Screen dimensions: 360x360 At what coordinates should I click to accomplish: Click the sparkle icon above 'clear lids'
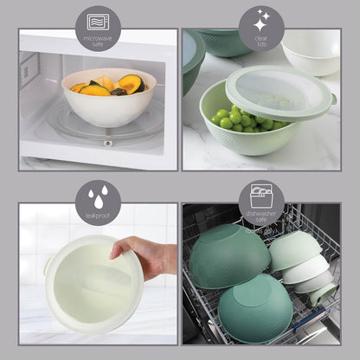tap(261, 22)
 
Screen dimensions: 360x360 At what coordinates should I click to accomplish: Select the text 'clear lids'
tap(261, 41)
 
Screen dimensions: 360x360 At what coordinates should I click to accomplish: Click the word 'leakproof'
tap(98, 214)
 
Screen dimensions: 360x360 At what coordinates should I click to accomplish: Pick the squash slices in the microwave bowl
tap(128, 84)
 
